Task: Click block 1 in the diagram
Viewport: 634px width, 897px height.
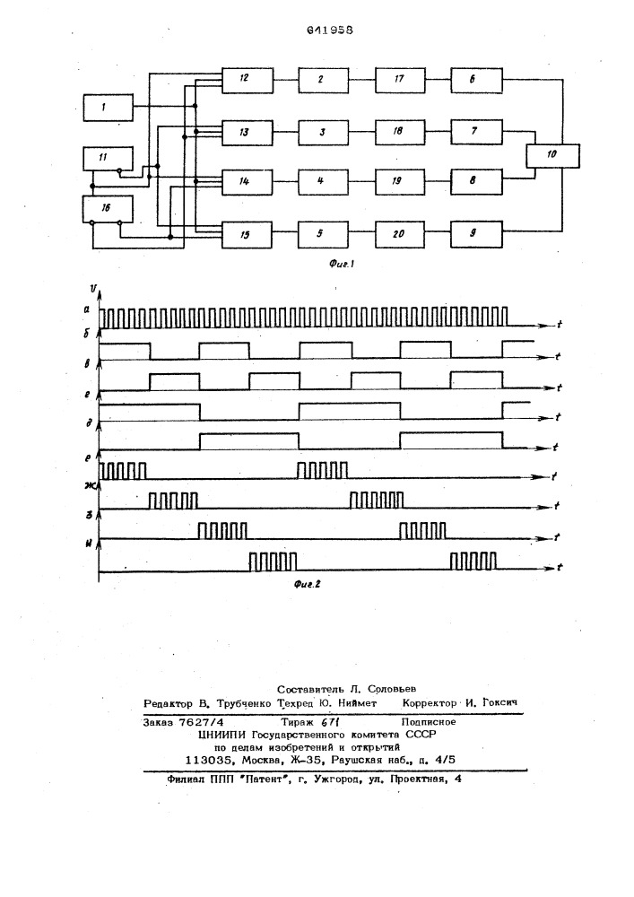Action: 109,108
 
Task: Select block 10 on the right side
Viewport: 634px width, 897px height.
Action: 552,154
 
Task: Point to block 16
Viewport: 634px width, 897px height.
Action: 108,208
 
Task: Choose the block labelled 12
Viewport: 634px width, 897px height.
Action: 248,80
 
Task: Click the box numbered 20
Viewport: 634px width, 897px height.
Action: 400,233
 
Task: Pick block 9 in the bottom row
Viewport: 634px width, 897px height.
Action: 476,233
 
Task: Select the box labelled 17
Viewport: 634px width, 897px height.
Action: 400,80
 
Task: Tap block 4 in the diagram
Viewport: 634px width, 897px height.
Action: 323,182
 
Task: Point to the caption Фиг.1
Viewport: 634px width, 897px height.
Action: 343,264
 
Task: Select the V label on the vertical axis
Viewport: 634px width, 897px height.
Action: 92,287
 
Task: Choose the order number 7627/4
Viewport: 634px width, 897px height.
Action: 201,722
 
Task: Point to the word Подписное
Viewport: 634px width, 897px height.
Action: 429,722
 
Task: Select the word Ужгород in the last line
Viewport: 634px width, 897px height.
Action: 334,779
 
